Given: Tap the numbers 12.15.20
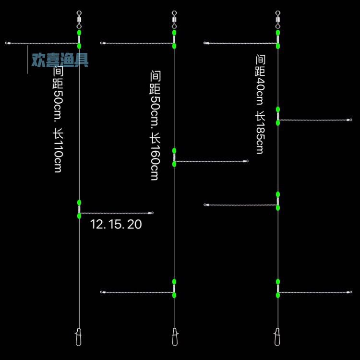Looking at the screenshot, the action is click(x=116, y=224).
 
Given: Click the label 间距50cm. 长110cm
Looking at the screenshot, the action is click(x=58, y=120).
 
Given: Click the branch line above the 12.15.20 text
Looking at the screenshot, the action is click(x=115, y=213).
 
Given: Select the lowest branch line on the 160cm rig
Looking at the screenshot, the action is click(x=137, y=292).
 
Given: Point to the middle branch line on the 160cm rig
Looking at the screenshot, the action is click(x=211, y=161).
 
